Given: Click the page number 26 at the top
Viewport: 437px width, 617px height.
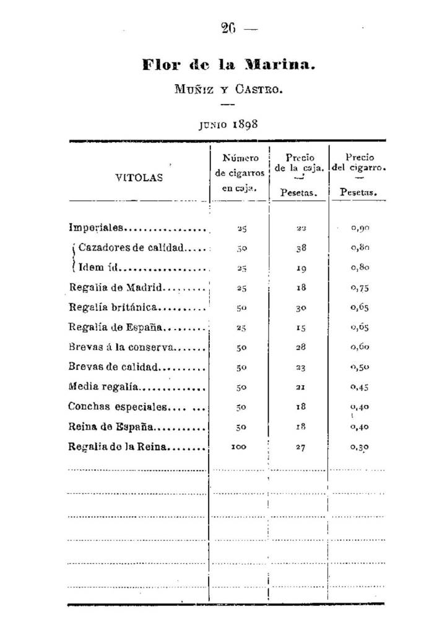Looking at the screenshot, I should tap(227, 28).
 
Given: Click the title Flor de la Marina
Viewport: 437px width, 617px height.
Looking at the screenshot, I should tap(228, 65).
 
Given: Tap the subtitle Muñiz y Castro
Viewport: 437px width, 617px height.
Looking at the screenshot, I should tap(228, 90).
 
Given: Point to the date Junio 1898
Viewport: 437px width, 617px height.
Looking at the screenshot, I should tap(228, 122).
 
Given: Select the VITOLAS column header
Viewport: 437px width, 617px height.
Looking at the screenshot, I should tap(139, 177).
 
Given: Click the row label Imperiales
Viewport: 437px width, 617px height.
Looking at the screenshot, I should tap(98, 228).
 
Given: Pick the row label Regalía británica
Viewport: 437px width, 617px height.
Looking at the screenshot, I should tap(115, 307).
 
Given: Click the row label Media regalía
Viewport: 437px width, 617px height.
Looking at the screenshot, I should tap(105, 388).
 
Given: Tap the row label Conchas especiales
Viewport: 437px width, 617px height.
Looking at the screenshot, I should tap(118, 407).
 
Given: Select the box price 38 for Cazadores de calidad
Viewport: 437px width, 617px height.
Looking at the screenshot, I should tap(300, 248).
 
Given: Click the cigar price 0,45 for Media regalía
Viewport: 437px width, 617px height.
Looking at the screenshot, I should tap(360, 388).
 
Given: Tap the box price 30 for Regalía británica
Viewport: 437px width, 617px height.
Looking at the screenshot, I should tap(300, 307).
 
